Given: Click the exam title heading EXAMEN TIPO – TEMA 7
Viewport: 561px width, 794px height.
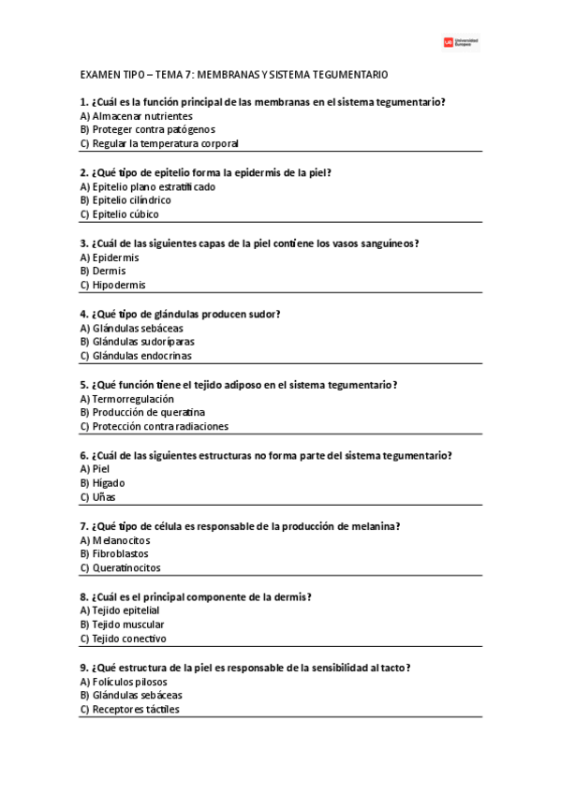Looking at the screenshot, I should point(234,74).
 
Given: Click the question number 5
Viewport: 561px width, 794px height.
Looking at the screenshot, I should point(85,385).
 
